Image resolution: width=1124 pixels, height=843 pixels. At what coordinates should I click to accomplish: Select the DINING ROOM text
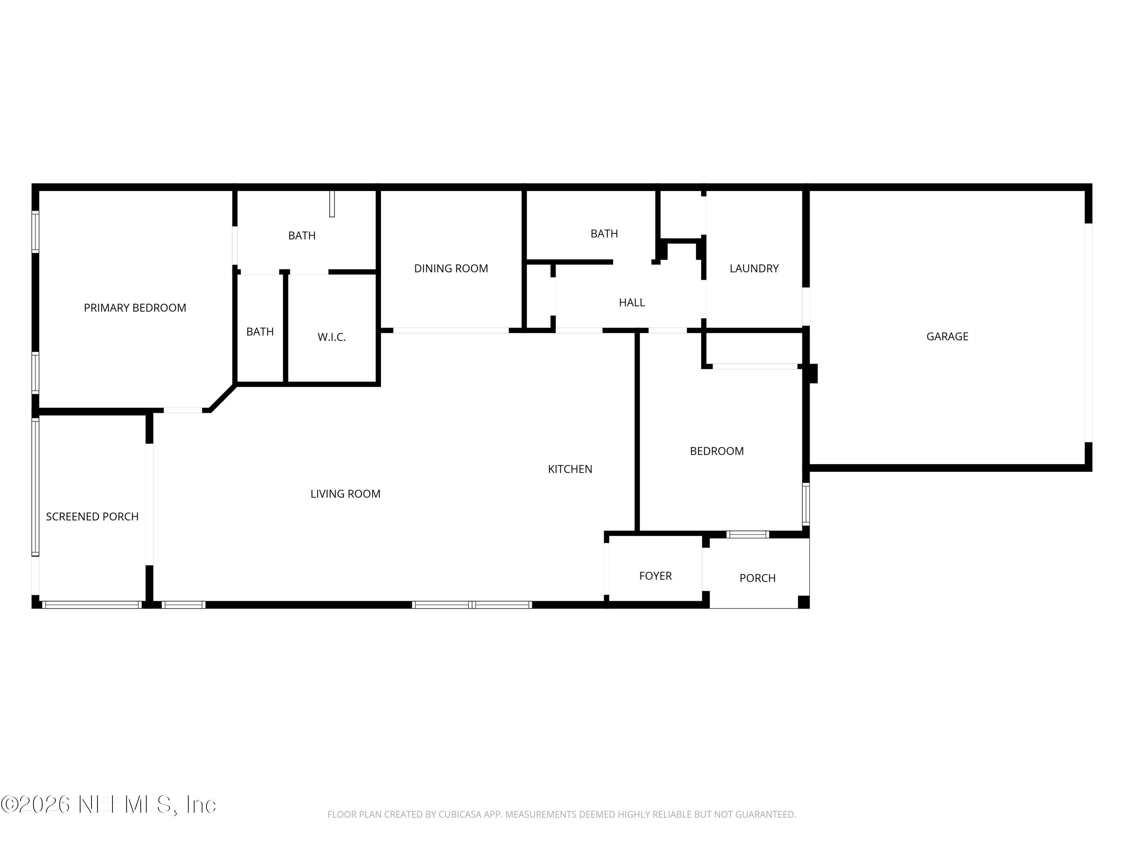(x=451, y=269)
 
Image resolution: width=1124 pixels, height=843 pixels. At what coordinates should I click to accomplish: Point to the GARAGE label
(x=947, y=336)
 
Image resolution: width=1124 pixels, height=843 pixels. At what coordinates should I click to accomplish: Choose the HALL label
(x=632, y=303)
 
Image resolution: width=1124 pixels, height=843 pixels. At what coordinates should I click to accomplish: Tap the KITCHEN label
(x=569, y=469)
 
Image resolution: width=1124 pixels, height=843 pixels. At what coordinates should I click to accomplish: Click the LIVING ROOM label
(x=345, y=494)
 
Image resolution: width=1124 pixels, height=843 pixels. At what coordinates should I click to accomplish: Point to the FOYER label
(x=655, y=576)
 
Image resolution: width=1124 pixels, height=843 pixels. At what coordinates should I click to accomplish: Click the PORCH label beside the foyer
(x=757, y=578)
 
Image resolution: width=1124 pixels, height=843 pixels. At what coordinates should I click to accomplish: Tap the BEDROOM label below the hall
(x=716, y=451)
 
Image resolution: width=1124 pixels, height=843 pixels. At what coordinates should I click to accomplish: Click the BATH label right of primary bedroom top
(x=302, y=236)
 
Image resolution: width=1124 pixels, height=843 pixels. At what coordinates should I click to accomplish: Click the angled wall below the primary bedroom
(x=223, y=398)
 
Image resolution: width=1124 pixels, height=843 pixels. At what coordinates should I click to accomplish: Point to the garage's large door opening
(x=1088, y=333)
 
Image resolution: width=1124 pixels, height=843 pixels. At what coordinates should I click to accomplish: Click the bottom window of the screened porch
(x=91, y=605)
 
